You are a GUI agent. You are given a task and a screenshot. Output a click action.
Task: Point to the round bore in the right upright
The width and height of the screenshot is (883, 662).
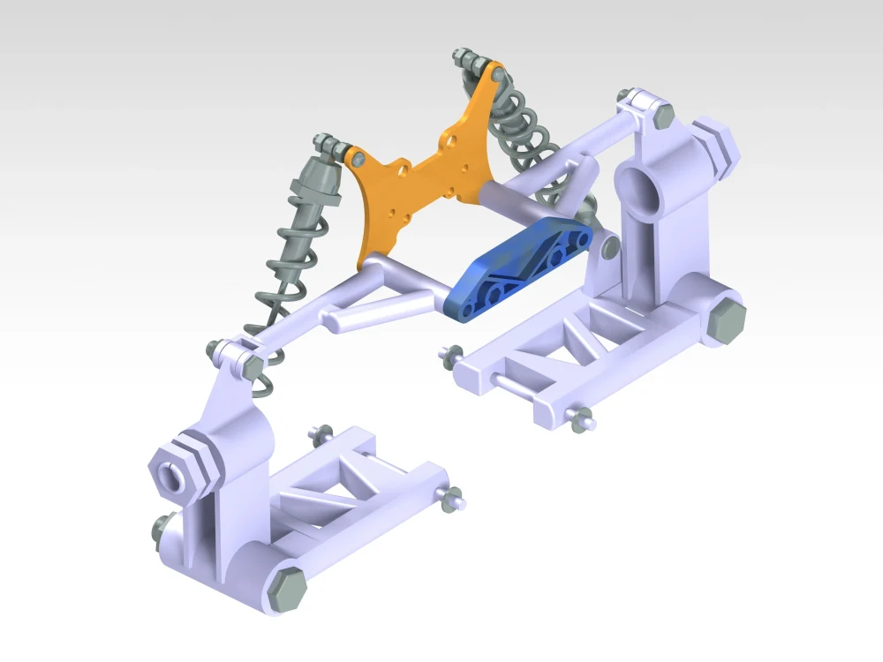(x=638, y=188)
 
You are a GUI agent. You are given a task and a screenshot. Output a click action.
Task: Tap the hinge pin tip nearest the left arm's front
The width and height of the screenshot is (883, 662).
(x=455, y=499)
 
